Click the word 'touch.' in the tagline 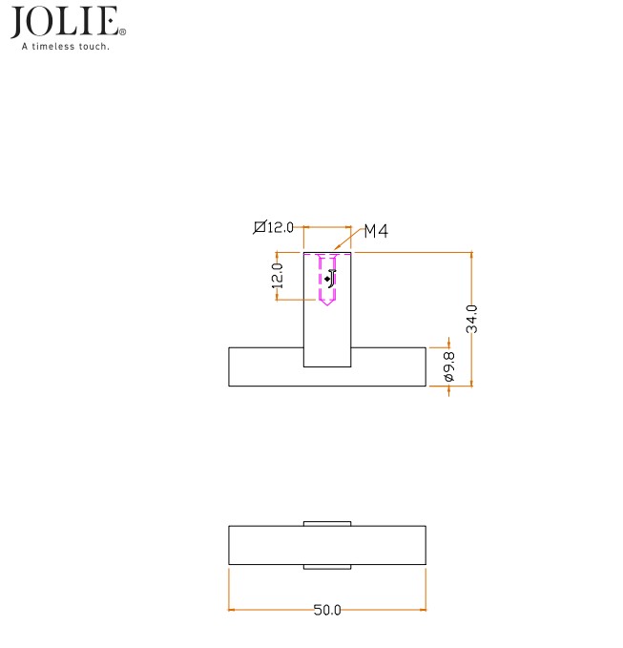pos(95,46)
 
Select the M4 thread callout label pos(376,231)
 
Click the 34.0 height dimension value pos(471,319)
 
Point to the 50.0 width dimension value pos(327,610)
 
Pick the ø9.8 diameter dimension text pos(449,366)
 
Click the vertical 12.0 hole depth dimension pos(278,277)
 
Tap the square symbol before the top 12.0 pos(259,227)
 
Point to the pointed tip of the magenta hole pos(327,303)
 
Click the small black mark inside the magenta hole pos(330,279)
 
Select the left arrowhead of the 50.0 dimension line pos(232,610)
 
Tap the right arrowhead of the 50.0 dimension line pos(423,610)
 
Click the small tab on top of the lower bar pos(327,523)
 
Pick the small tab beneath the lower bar pos(327,567)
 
